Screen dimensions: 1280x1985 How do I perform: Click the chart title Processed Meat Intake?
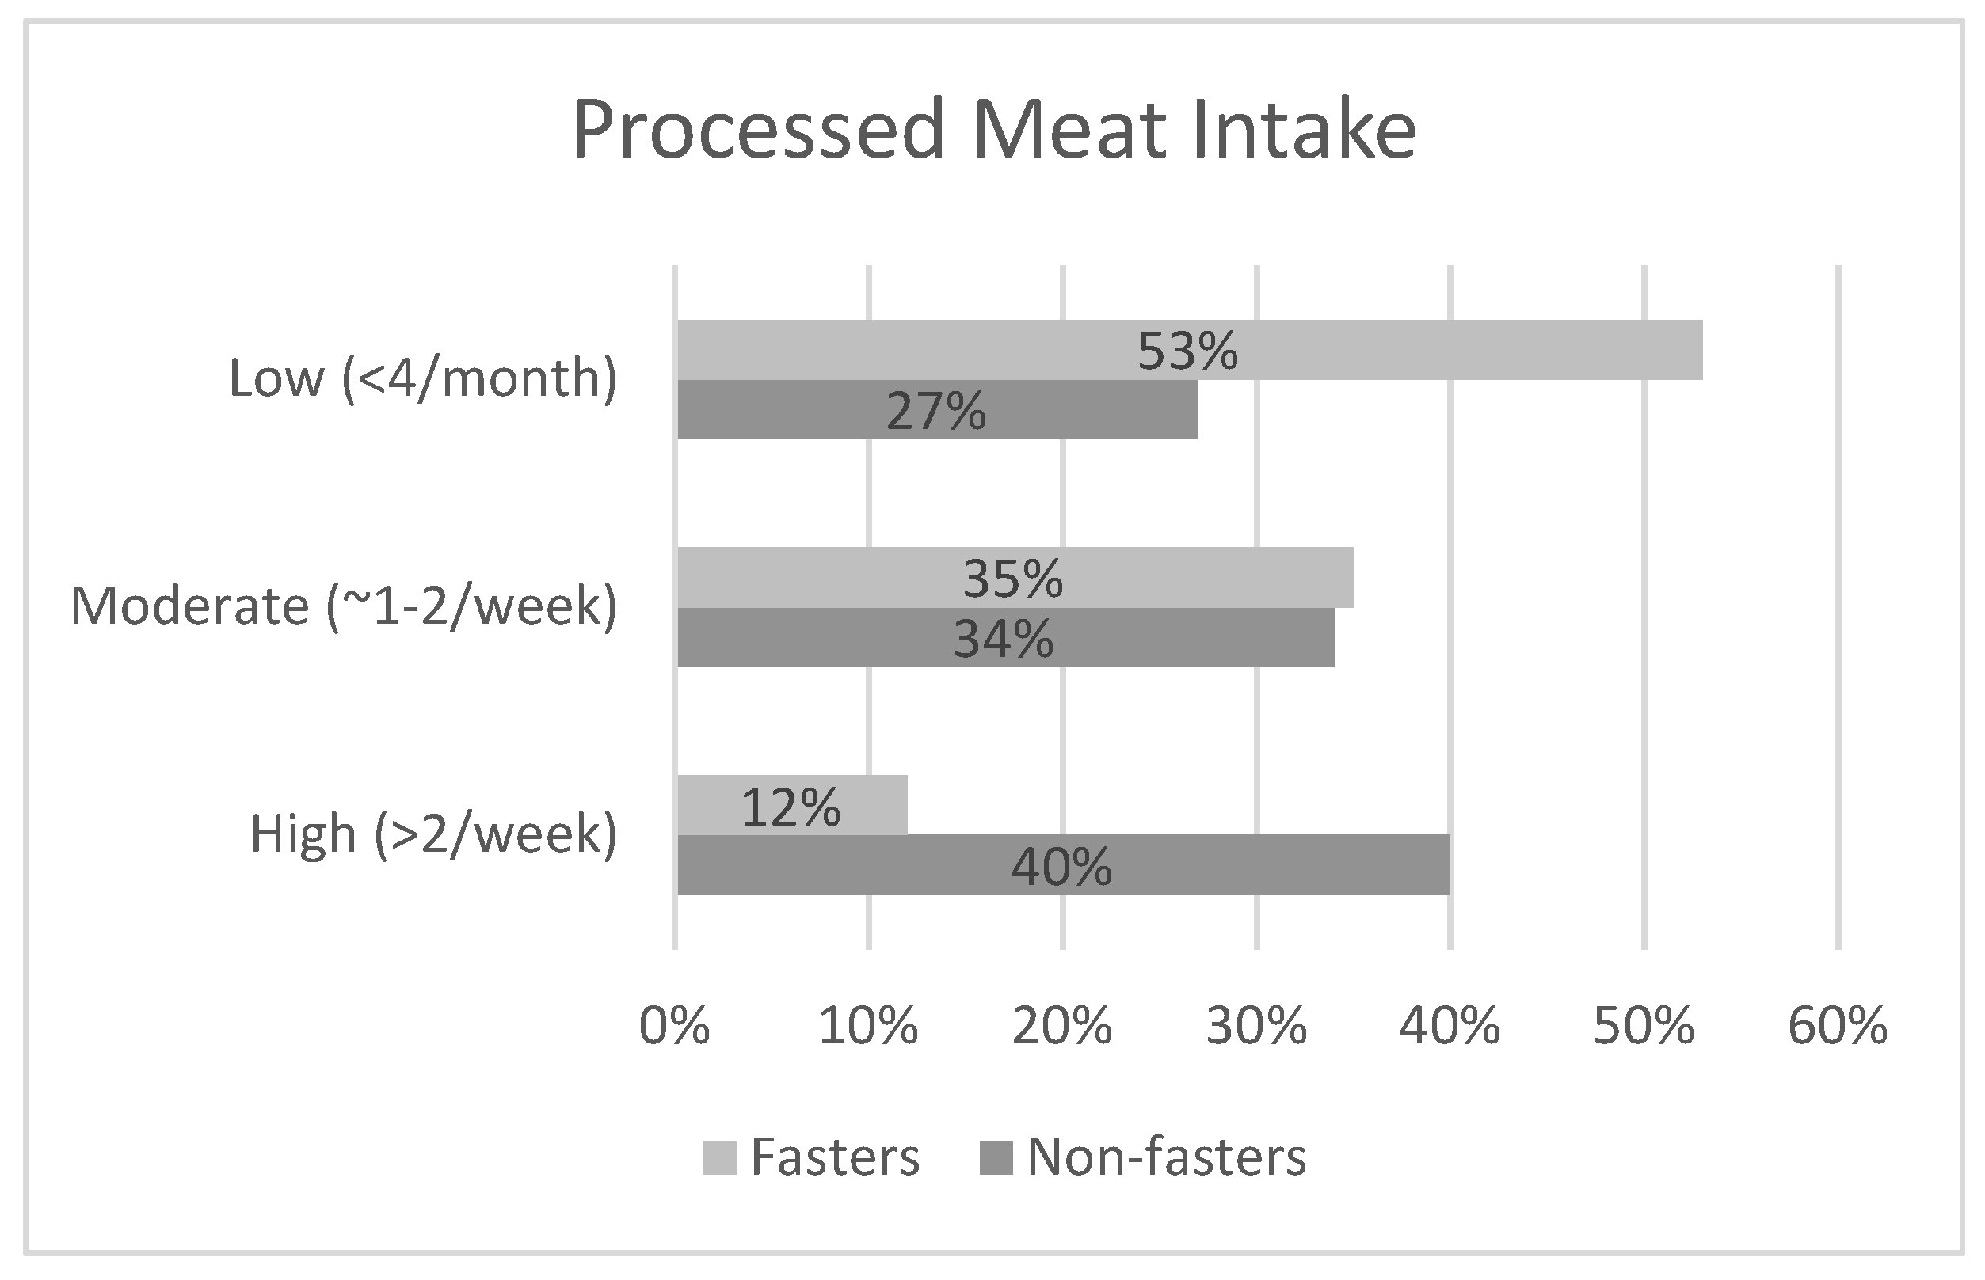(994, 131)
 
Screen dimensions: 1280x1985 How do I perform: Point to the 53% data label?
(1187, 351)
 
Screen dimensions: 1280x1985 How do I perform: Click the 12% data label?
(790, 807)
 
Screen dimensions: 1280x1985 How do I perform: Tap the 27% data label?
(935, 411)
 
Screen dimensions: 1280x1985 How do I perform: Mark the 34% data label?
(1003, 639)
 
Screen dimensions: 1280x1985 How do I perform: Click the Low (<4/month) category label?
(422, 379)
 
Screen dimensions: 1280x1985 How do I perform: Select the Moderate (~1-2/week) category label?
(344, 606)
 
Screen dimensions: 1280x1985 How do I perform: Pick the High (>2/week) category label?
(433, 834)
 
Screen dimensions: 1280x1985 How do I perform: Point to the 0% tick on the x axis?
(674, 1027)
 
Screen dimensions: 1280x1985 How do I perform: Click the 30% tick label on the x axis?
(1256, 1027)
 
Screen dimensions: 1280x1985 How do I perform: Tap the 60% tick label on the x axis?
(1838, 1027)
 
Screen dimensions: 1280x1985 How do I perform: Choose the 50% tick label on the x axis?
(1644, 1027)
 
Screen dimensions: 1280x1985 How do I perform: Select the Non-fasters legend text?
(1167, 1157)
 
